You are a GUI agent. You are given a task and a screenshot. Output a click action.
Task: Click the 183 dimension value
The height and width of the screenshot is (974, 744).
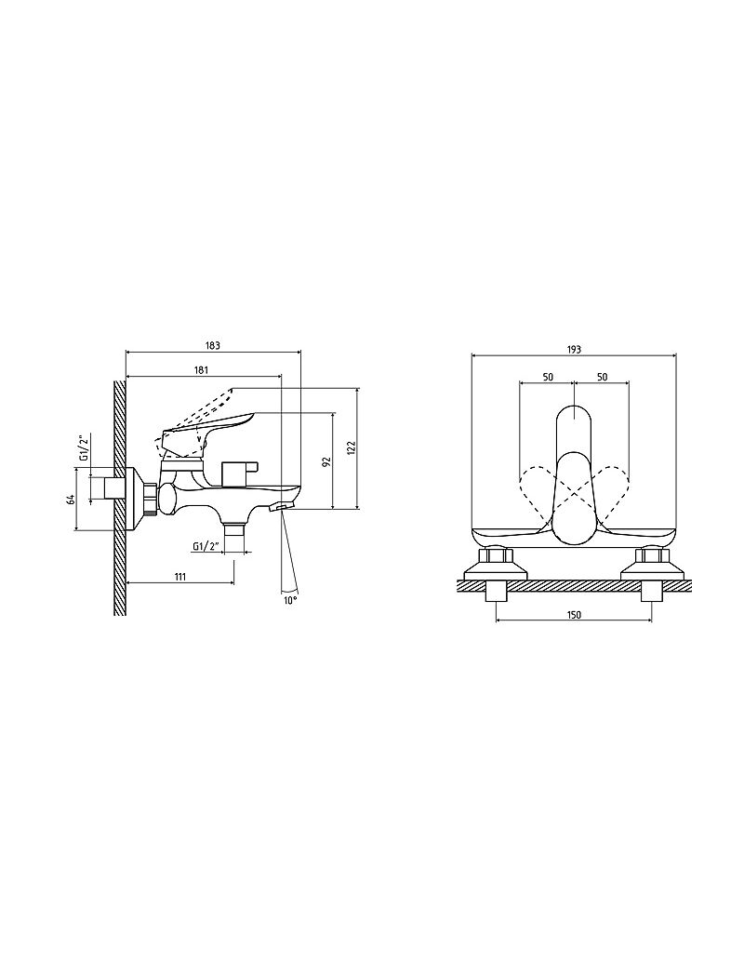[x=213, y=345]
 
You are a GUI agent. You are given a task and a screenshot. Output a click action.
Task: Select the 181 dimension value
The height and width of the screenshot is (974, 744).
[x=201, y=369]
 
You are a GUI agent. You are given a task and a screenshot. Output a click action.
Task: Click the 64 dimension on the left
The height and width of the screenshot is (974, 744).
[x=72, y=499]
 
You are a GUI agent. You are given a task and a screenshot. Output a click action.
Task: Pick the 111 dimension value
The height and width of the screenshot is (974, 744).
[x=180, y=577]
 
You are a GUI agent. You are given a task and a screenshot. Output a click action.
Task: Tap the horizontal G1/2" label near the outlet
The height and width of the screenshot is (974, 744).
[x=206, y=547]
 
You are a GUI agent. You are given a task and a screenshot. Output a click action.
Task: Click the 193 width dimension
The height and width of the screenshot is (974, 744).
[x=574, y=350]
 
